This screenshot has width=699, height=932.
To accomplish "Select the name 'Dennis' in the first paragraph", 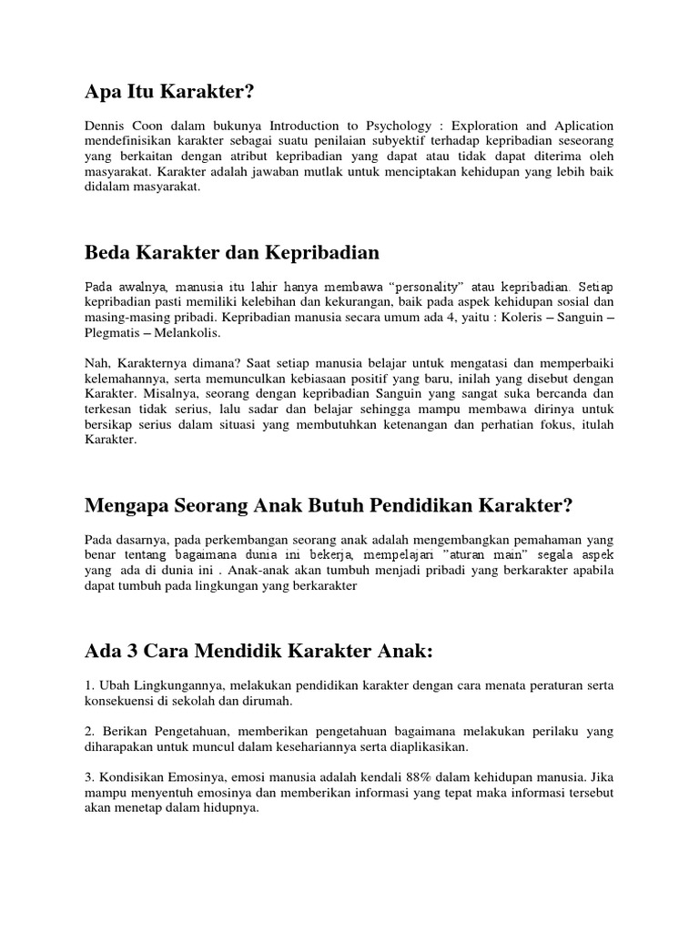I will pyautogui.click(x=106, y=126).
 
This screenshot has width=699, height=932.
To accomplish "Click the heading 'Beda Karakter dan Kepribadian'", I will pyautogui.click(x=232, y=251).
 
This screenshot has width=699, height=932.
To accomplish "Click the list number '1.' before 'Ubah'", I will pyautogui.click(x=89, y=686).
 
